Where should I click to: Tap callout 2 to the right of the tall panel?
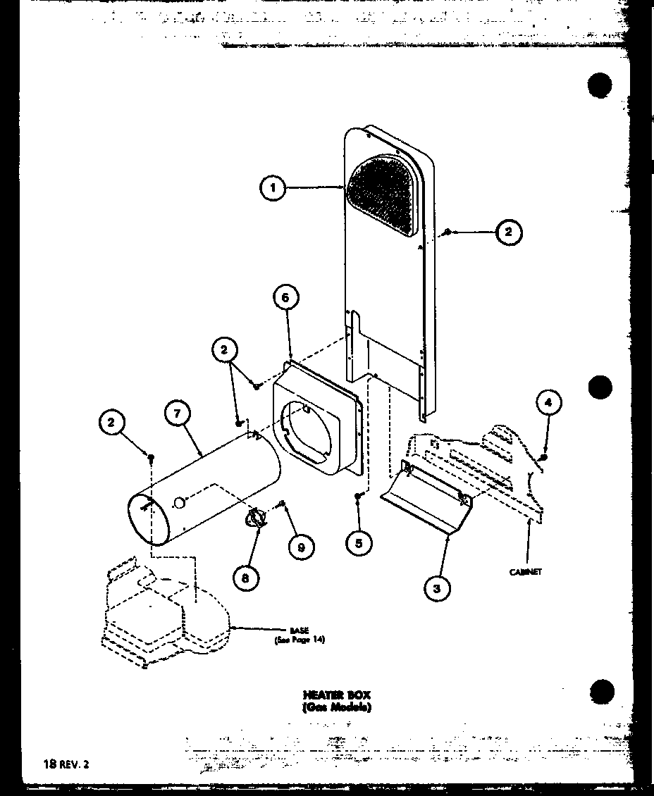[x=509, y=232]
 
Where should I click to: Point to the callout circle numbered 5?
[x=360, y=542]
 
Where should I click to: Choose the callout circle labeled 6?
[x=285, y=298]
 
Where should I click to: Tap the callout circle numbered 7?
[x=177, y=413]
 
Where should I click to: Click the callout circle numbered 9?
[x=301, y=547]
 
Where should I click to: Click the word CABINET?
[x=526, y=572]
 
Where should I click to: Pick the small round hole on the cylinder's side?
[x=179, y=503]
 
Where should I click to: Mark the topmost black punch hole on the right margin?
[x=599, y=86]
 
